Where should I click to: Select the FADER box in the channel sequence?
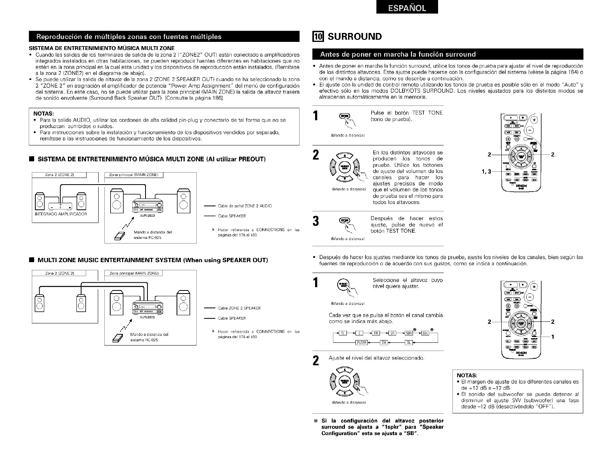tap(361, 342)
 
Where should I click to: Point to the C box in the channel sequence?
tap(359, 333)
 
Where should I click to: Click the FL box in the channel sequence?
tap(343, 333)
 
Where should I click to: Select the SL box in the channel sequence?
tap(409, 342)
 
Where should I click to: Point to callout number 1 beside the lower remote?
tap(553, 337)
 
